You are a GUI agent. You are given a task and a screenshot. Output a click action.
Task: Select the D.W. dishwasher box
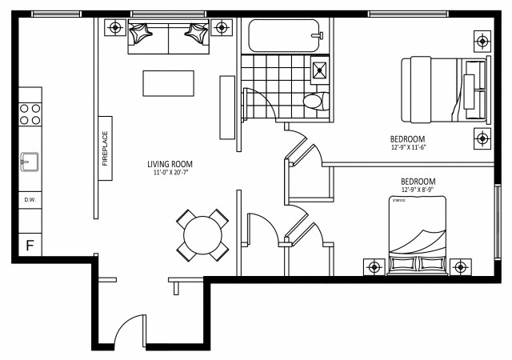click(30, 199)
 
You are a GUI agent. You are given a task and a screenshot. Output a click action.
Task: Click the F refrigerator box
click(30, 246)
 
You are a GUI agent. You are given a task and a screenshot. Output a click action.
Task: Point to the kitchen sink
click(29, 162)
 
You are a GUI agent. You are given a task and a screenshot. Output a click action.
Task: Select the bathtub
click(285, 36)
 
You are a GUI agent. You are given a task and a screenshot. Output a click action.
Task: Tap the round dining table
click(203, 234)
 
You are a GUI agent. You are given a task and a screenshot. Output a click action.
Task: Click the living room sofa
click(168, 38)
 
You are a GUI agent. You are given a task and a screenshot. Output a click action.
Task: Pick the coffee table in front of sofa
click(168, 83)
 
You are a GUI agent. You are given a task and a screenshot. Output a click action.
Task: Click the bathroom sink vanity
click(321, 70)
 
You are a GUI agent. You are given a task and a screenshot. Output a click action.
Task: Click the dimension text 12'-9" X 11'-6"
click(408, 147)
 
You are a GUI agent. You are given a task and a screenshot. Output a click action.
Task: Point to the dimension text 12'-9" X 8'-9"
click(418, 190)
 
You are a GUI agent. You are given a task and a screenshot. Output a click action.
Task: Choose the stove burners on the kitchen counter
click(30, 114)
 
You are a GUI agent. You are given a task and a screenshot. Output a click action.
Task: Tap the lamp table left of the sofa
click(116, 26)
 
